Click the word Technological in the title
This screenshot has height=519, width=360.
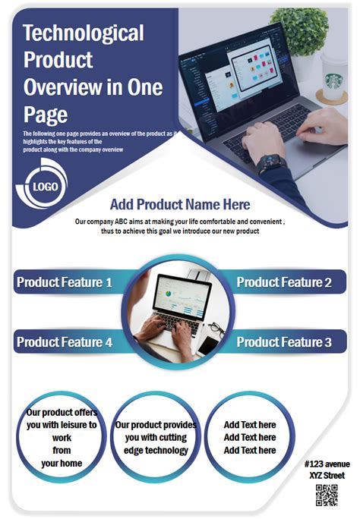(x=84, y=33)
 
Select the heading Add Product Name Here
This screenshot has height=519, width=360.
(x=180, y=204)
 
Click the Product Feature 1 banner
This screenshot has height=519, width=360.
(x=65, y=283)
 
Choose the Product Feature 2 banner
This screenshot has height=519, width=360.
(x=284, y=283)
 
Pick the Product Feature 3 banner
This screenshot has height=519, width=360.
(x=284, y=342)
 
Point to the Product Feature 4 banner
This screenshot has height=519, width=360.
(x=65, y=342)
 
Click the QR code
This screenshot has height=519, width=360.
(x=327, y=494)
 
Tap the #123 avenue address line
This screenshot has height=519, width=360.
(x=327, y=464)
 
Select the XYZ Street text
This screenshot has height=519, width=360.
(x=327, y=475)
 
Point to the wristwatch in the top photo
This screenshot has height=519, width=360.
(x=271, y=164)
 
